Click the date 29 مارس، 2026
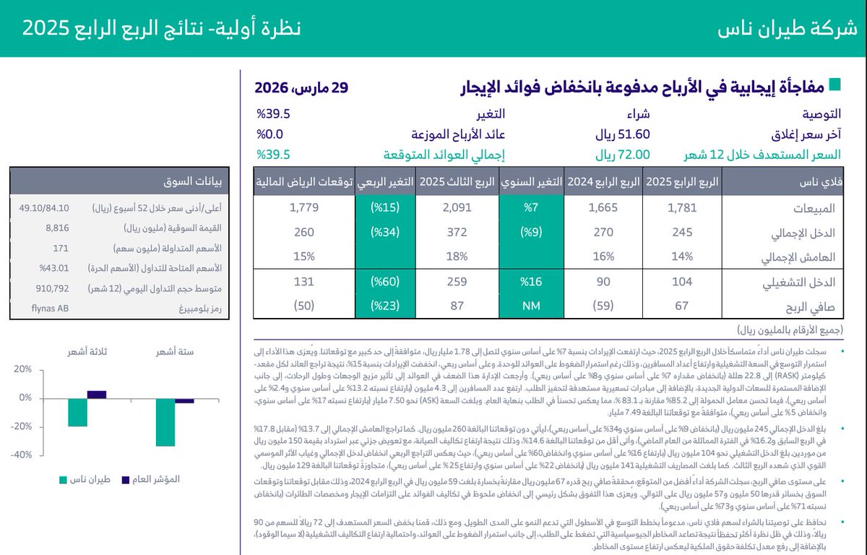click(301, 88)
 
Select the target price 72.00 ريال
click(623, 154)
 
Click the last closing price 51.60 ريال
click(623, 134)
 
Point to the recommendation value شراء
click(637, 114)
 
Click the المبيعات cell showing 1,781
click(681, 208)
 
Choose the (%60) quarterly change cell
click(384, 282)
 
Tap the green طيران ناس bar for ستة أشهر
click(165, 422)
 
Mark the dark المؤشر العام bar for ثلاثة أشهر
click(97, 395)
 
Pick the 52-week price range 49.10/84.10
click(45, 208)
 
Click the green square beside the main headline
click(834, 85)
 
